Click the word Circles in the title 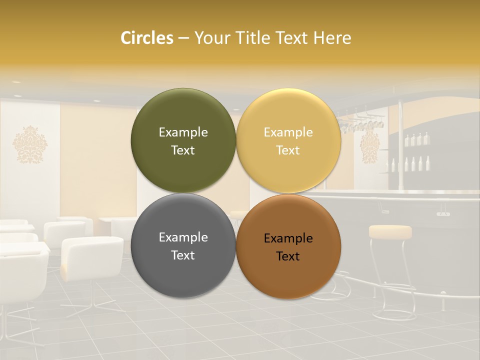[x=146, y=38]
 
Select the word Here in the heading [x=332, y=38]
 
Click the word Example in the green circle [x=183, y=132]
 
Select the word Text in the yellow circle [x=288, y=150]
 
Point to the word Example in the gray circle [x=183, y=237]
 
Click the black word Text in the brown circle [x=288, y=256]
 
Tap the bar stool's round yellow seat [x=390, y=231]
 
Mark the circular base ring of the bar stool [x=395, y=315]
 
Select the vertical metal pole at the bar [x=400, y=145]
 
